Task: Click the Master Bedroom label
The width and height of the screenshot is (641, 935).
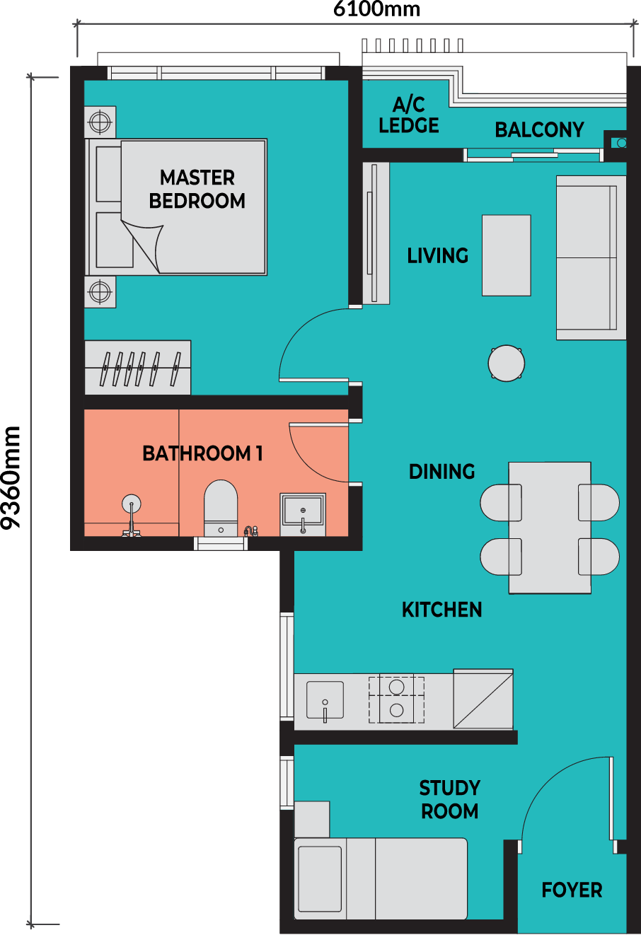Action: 197,189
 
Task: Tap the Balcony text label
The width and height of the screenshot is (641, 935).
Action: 539,130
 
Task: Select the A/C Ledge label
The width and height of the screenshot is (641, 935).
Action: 409,115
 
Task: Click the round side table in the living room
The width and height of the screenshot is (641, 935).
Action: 507,363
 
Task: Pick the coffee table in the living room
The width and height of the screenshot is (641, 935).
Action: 507,255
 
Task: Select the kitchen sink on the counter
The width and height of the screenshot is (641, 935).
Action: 325,700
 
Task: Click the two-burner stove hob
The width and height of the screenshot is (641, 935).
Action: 396,699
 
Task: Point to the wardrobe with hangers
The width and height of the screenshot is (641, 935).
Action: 137,368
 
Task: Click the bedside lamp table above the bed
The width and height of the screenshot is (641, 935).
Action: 100,122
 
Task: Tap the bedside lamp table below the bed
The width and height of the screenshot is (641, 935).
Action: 100,291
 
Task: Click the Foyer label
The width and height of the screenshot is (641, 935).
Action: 572,890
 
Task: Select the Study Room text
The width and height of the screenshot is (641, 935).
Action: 449,799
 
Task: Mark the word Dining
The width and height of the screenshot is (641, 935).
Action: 441,472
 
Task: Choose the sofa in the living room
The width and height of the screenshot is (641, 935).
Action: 591,257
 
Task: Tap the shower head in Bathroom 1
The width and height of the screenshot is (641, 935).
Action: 131,504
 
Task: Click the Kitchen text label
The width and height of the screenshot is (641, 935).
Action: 441,610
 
